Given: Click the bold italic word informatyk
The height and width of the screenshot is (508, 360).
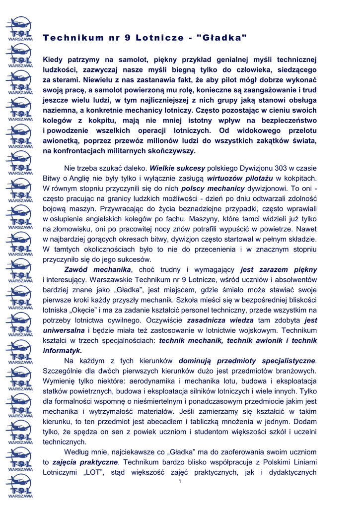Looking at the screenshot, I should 62,350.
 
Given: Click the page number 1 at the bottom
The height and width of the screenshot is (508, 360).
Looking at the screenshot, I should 180,482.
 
